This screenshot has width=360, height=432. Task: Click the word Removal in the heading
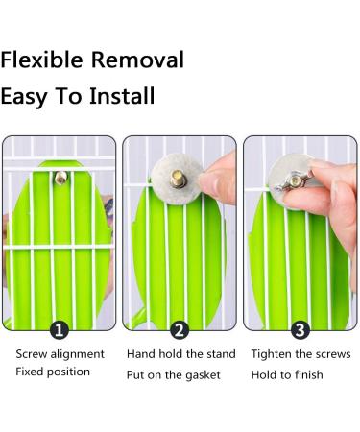click(136, 60)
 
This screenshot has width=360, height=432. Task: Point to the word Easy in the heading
click(30, 98)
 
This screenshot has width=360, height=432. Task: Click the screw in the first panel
click(61, 178)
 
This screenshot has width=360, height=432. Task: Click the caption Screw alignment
click(60, 354)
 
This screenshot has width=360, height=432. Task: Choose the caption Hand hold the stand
click(180, 354)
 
